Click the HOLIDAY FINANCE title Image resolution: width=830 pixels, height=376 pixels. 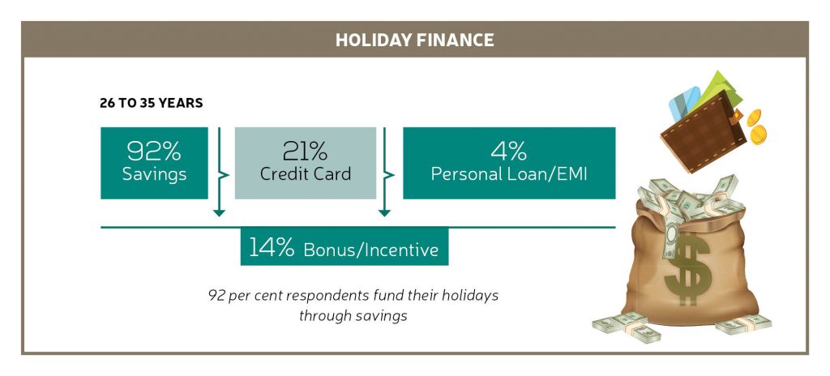414,41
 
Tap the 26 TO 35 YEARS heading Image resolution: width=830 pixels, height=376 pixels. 152,103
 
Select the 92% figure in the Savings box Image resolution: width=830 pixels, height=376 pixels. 154,152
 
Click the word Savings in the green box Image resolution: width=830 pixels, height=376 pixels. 154,174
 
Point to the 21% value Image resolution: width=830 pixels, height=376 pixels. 305,152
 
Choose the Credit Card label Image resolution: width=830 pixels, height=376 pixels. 306,173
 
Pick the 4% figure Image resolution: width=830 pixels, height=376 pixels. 509,152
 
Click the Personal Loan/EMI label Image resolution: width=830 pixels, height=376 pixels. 509,174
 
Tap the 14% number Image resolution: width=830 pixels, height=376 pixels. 271,247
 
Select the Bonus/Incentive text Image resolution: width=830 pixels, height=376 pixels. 371,250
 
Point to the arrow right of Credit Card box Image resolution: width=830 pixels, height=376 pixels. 385,172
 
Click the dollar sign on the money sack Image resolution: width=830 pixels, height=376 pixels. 687,268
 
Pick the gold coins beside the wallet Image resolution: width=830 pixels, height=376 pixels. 756,126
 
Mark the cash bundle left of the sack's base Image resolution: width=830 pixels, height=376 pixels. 627,327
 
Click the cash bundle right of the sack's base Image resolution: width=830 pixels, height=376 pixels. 743,323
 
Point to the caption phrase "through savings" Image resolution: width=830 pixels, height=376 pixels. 353,316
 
